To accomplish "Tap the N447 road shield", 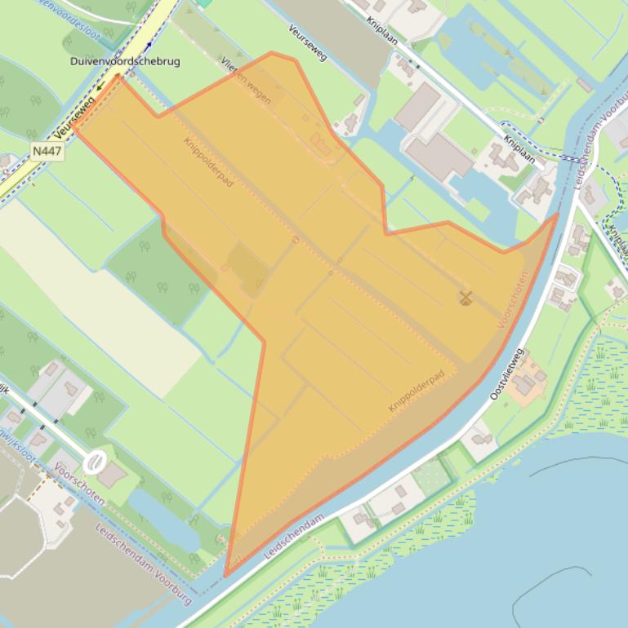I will coord(47,151).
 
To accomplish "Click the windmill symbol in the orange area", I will coord(466,298).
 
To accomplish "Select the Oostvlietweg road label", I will coord(506,375).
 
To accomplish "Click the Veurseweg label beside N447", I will coord(73,119).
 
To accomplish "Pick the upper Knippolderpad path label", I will coord(208,161).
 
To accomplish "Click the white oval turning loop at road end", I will coord(96,462).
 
